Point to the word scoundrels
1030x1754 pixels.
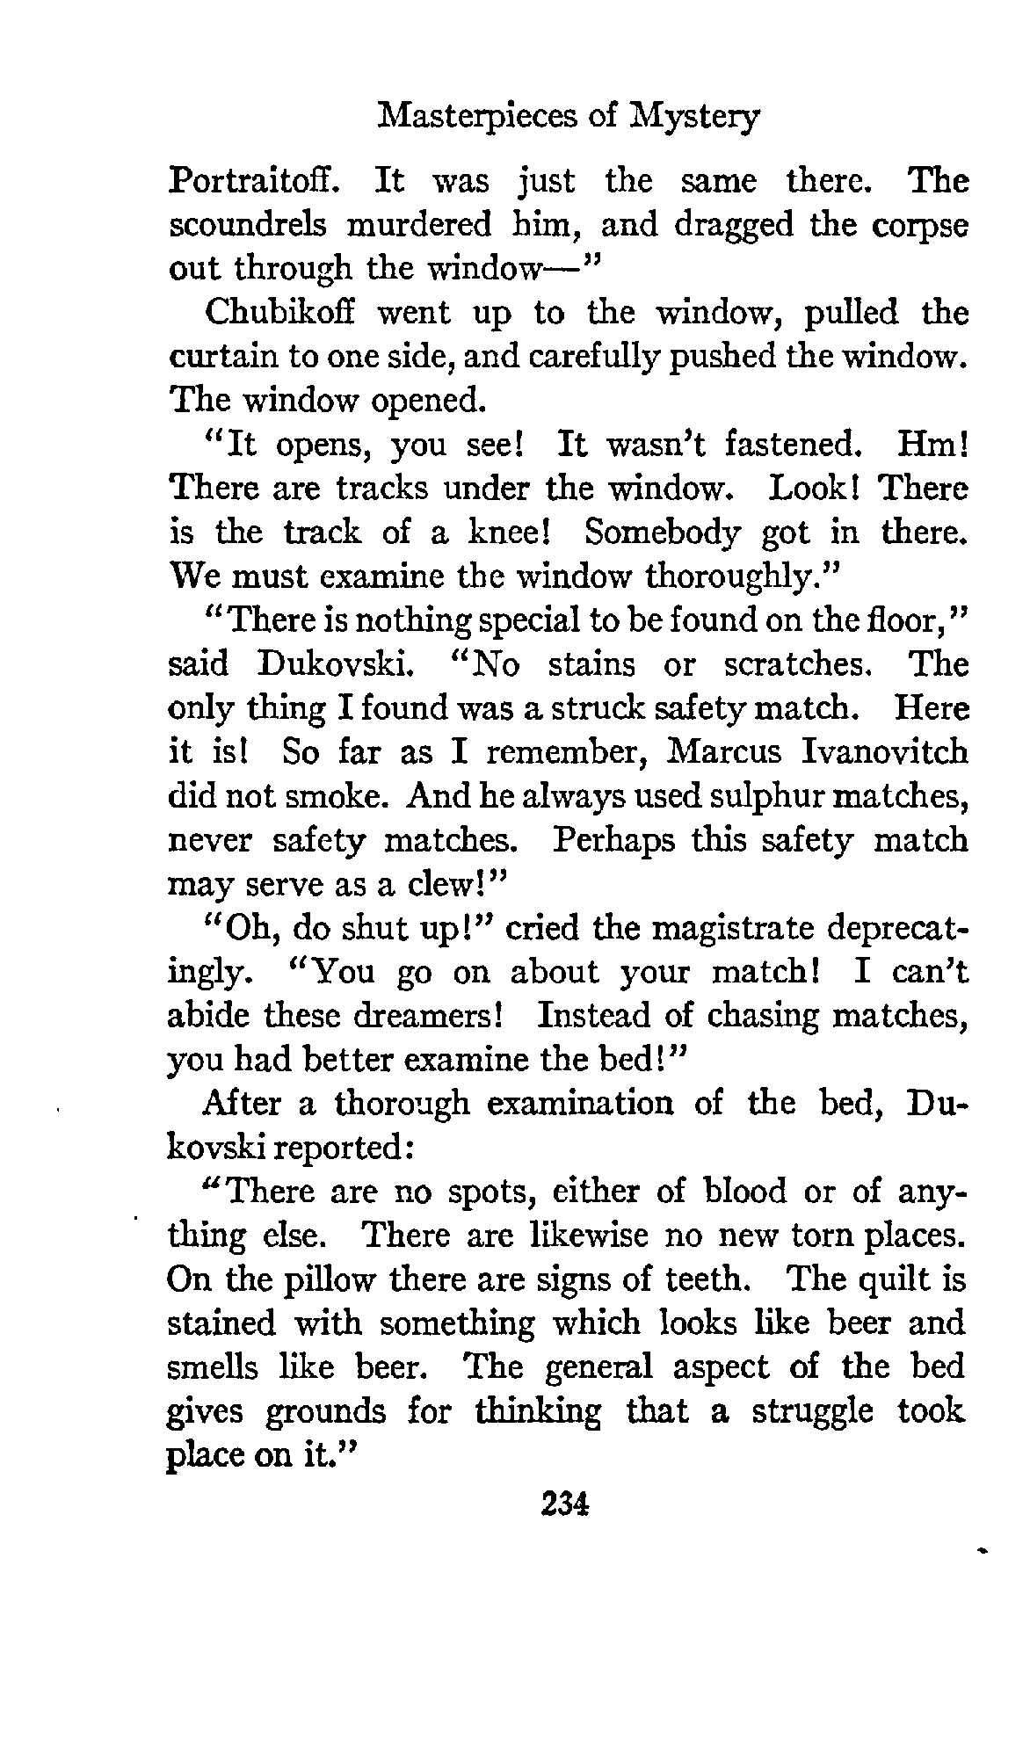coord(249,225)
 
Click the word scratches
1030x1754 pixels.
coord(795,664)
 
